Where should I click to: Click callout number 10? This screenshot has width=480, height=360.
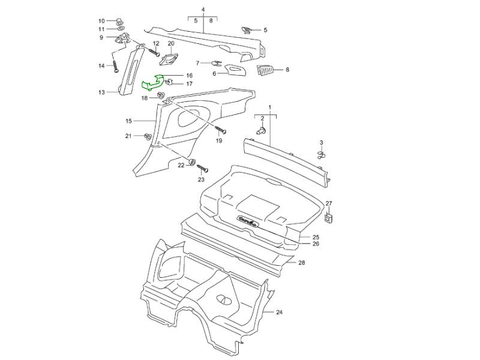101,20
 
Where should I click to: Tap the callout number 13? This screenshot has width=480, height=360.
101,92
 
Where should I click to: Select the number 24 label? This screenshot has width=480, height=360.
279,313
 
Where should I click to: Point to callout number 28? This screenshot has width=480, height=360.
302,263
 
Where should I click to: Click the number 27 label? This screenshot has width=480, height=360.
329,203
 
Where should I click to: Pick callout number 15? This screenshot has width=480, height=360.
128,121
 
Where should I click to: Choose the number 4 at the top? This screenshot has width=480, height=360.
203,10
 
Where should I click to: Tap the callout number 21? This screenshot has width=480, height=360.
128,136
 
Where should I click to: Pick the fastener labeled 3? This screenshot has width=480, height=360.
322,155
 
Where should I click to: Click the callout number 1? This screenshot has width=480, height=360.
269,106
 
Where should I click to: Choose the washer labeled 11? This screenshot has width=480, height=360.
120,29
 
